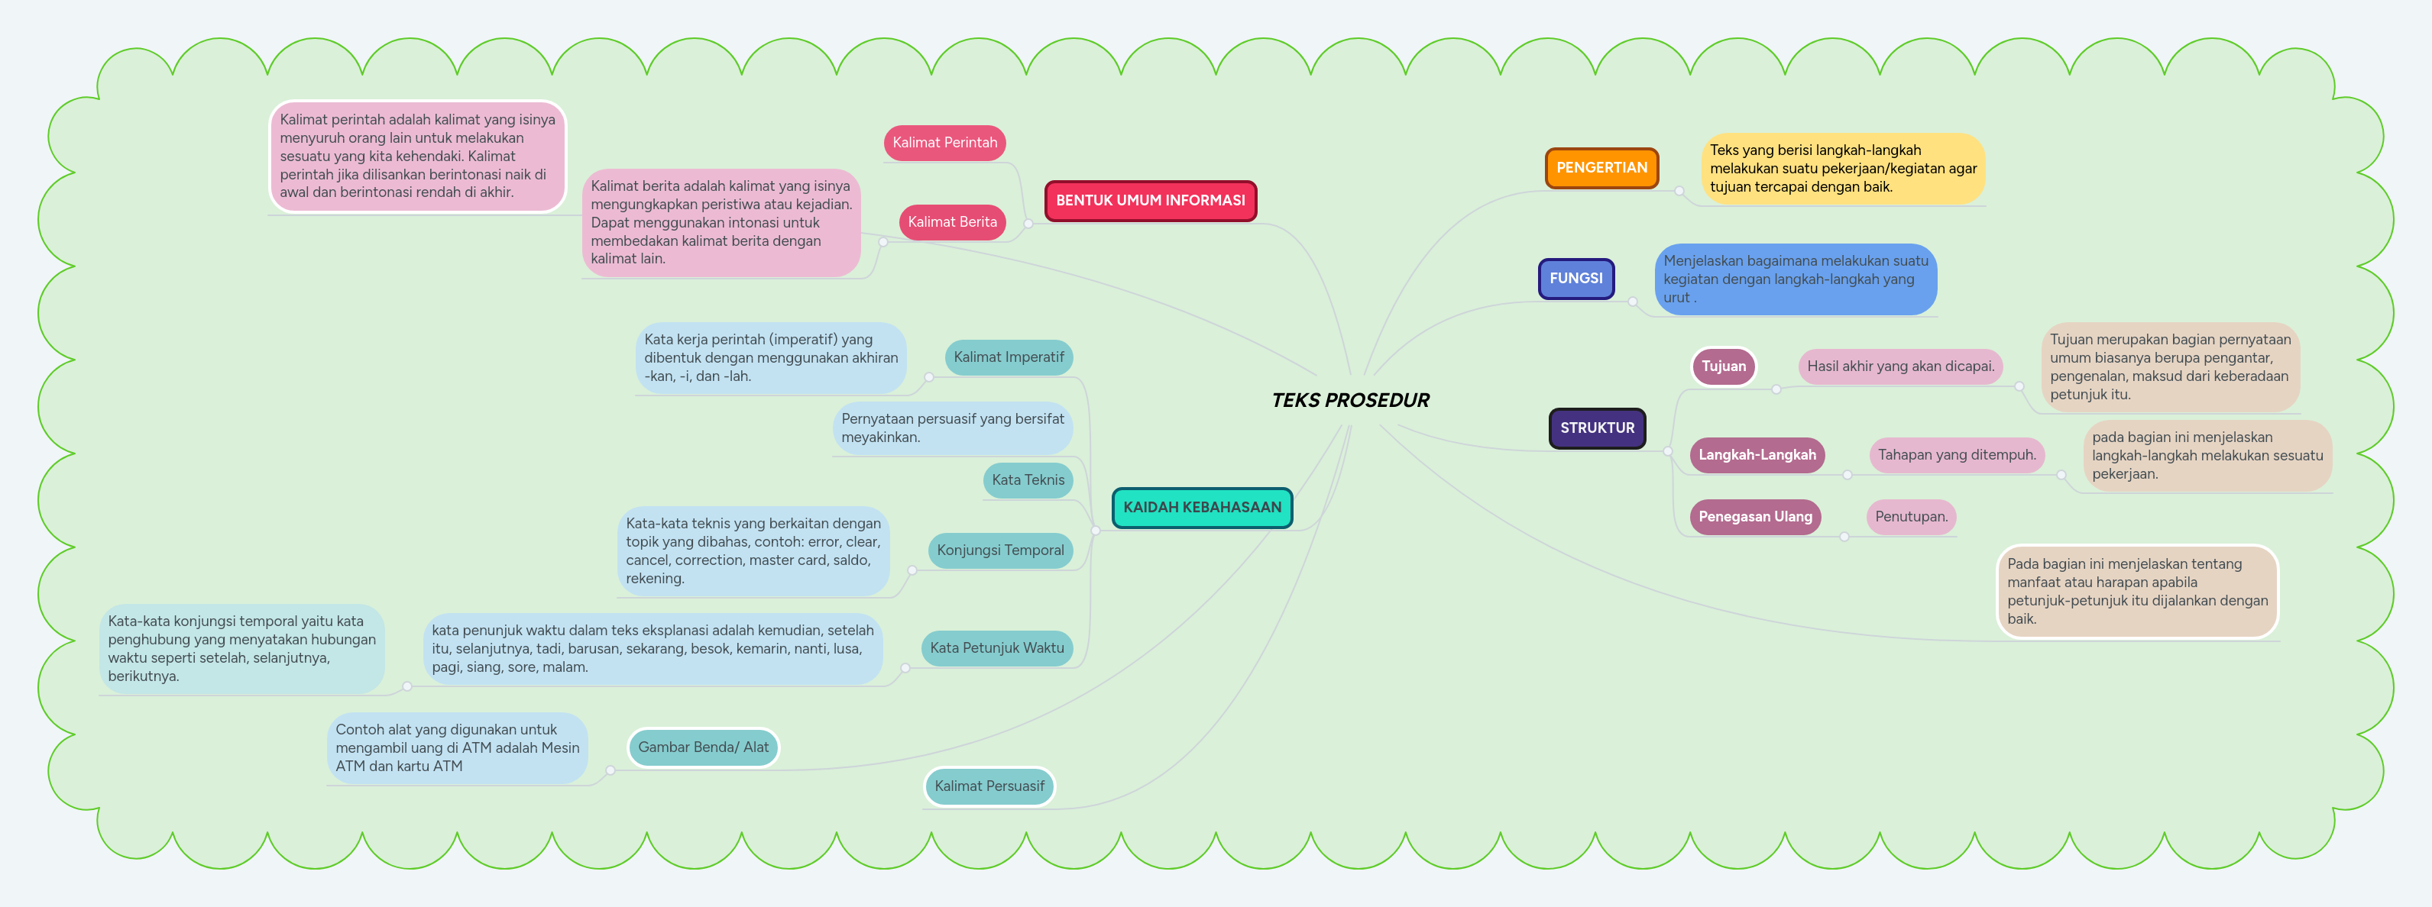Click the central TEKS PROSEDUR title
point(1350,400)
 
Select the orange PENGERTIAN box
point(1601,168)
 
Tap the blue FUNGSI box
point(1575,279)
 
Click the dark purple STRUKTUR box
point(1596,428)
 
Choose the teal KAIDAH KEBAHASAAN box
point(1202,508)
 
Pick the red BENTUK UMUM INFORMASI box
point(1150,201)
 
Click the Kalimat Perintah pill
point(944,143)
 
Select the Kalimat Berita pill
point(952,222)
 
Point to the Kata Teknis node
point(1027,480)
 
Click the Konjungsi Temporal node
point(1000,550)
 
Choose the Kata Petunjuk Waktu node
point(996,648)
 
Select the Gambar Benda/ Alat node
point(704,747)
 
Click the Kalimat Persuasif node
point(989,786)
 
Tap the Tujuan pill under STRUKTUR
point(1723,366)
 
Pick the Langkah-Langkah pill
point(1756,455)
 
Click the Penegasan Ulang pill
point(1754,517)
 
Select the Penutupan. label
point(1911,517)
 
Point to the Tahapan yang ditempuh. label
point(1956,455)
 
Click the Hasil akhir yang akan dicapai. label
point(1899,366)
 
